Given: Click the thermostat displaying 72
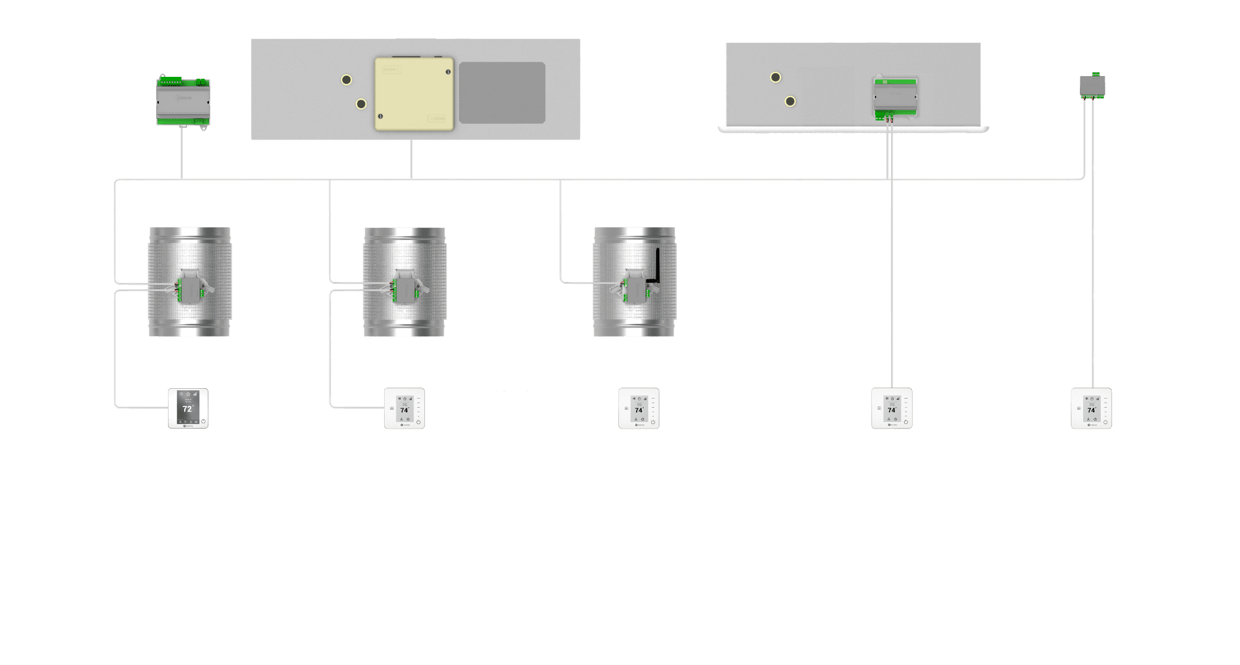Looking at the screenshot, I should point(188,408).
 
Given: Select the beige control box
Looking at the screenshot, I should point(414,94).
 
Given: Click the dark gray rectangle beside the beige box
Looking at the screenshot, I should point(502,92).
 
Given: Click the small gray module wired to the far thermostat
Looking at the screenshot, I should point(1092,85).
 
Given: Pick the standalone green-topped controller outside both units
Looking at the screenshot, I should point(183,101).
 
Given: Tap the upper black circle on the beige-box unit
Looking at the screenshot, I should point(346,80).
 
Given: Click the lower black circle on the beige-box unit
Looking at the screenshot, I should point(361,104).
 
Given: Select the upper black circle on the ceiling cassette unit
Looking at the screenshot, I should point(775,78).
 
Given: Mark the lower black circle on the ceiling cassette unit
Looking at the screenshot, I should point(790,102).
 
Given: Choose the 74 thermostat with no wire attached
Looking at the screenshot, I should point(639,408).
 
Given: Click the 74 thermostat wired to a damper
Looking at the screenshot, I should point(404,408).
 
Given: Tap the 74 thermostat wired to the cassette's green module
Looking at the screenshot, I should point(892,408).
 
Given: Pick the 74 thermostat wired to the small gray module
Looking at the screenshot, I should point(1092,408).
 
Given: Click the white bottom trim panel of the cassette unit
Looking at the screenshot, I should point(853,130).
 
